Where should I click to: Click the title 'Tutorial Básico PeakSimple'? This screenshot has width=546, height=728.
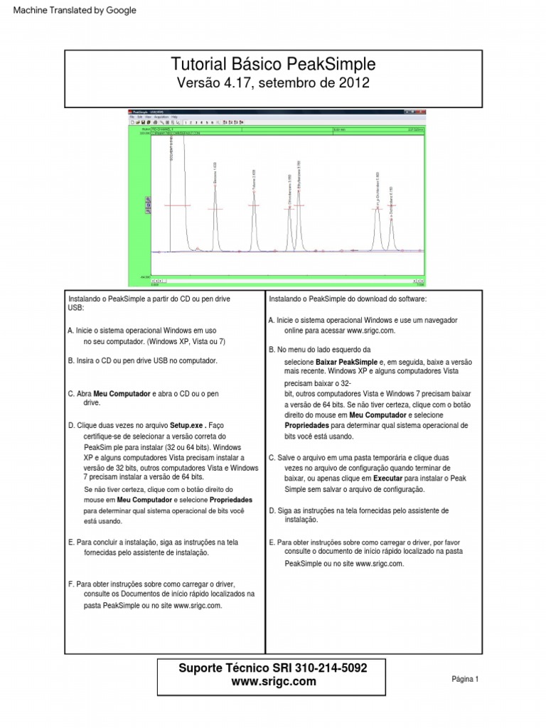pyautogui.click(x=274, y=65)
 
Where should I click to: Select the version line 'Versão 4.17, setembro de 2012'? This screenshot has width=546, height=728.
pyautogui.click(x=274, y=83)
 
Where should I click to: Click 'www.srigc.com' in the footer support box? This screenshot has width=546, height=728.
pyautogui.click(x=273, y=681)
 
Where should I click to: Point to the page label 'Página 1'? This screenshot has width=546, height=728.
pyautogui.click(x=465, y=679)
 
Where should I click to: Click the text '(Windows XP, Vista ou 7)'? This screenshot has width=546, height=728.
pyautogui.click(x=181, y=341)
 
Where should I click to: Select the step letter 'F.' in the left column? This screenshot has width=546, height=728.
pyautogui.click(x=72, y=583)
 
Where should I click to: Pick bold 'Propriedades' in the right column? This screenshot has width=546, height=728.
pyautogui.click(x=307, y=425)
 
